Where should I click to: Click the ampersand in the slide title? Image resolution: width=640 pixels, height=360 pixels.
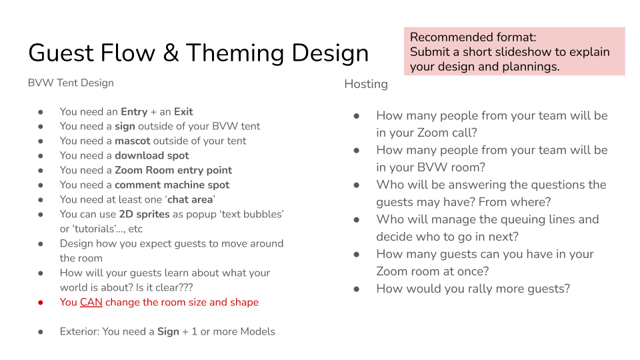click(x=171, y=53)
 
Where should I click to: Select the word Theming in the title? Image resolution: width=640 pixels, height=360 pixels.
click(x=235, y=53)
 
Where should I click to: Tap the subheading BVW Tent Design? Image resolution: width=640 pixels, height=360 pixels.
click(x=71, y=83)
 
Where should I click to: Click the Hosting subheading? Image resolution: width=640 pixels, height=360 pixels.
click(x=366, y=84)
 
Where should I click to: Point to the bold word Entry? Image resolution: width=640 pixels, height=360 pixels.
click(x=134, y=112)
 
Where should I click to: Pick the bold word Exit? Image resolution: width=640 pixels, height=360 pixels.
click(x=183, y=112)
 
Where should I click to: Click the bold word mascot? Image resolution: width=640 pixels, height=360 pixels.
click(x=133, y=141)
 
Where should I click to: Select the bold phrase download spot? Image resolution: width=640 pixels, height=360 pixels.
click(x=152, y=155)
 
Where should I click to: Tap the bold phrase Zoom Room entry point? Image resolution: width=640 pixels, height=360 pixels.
click(x=173, y=170)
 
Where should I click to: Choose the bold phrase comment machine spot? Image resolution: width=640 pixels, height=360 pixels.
click(x=172, y=185)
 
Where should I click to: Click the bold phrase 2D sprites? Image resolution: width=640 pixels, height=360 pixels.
click(x=144, y=214)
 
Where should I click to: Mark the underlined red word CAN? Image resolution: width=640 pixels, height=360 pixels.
click(x=91, y=303)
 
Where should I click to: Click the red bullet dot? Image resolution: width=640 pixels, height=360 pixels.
click(x=41, y=303)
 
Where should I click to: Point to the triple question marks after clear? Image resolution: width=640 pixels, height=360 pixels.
click(x=186, y=287)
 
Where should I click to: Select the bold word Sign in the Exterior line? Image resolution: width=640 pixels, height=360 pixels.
click(x=168, y=332)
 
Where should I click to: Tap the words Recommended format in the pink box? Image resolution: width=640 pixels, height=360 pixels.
click(x=473, y=37)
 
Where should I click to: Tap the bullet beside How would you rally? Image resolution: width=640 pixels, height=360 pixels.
click(x=357, y=289)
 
